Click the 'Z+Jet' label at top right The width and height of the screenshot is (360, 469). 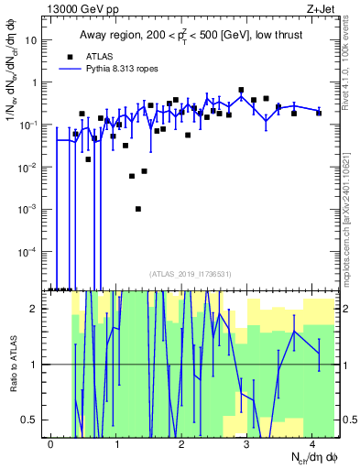coord(318,8)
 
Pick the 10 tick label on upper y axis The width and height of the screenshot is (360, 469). coord(31,41)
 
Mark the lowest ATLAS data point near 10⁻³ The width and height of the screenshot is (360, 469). coord(137,209)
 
